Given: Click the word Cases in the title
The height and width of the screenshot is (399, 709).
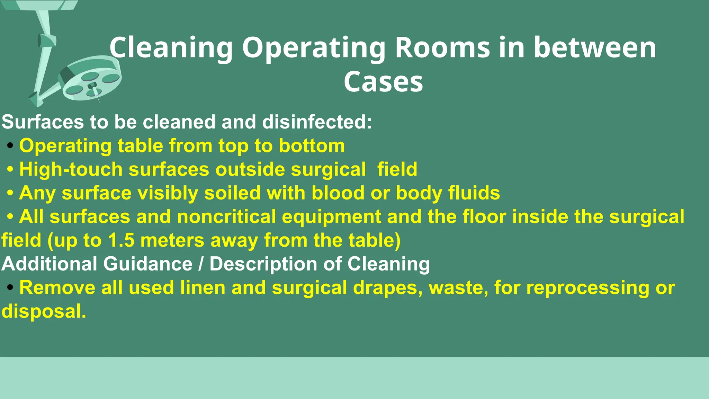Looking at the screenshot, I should click(383, 82).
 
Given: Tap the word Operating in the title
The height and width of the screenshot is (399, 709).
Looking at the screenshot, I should click(314, 48).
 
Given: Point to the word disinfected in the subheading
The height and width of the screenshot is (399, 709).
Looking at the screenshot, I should click(317, 122).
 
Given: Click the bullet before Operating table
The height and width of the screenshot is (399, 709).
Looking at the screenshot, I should click(10, 146).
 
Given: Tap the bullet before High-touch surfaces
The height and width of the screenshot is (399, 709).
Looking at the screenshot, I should click(10, 170).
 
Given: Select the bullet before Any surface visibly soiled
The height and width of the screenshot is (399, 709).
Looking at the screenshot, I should click(10, 193).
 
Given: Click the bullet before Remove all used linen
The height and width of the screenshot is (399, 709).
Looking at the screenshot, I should click(10, 287).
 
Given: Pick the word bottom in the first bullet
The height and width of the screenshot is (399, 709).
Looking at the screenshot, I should click(312, 145).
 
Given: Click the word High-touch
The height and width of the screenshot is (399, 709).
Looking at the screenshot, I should click(71, 169).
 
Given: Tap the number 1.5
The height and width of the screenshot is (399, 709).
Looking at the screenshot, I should click(121, 240).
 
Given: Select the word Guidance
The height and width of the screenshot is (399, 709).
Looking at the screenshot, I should click(148, 264).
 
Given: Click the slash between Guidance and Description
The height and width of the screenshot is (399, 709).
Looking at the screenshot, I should click(201, 264).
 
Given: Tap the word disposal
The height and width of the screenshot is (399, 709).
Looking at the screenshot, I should click(44, 311).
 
